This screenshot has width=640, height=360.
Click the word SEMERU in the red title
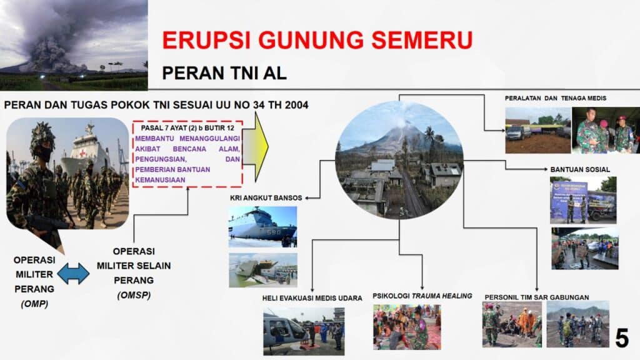[x=422, y=40]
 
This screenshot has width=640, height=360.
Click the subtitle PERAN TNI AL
[x=224, y=73]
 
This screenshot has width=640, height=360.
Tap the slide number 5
[x=622, y=338]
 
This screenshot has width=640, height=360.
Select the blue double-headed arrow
[x=74, y=274]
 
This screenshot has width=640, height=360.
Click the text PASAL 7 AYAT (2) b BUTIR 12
[x=187, y=127]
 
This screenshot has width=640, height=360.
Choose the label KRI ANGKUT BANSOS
[x=266, y=198]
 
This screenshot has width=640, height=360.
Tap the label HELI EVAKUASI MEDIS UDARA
[x=312, y=298]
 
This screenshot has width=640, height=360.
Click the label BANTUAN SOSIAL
[x=580, y=169]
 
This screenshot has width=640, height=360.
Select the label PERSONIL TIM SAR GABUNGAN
[x=537, y=297]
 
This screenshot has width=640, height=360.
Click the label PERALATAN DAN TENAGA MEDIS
[x=556, y=98]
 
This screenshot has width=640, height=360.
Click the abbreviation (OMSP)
[x=134, y=295]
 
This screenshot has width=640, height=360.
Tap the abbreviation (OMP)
[x=34, y=304]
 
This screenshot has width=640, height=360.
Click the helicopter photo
[x=304, y=331]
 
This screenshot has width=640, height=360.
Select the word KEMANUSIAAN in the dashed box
[x=160, y=180]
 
